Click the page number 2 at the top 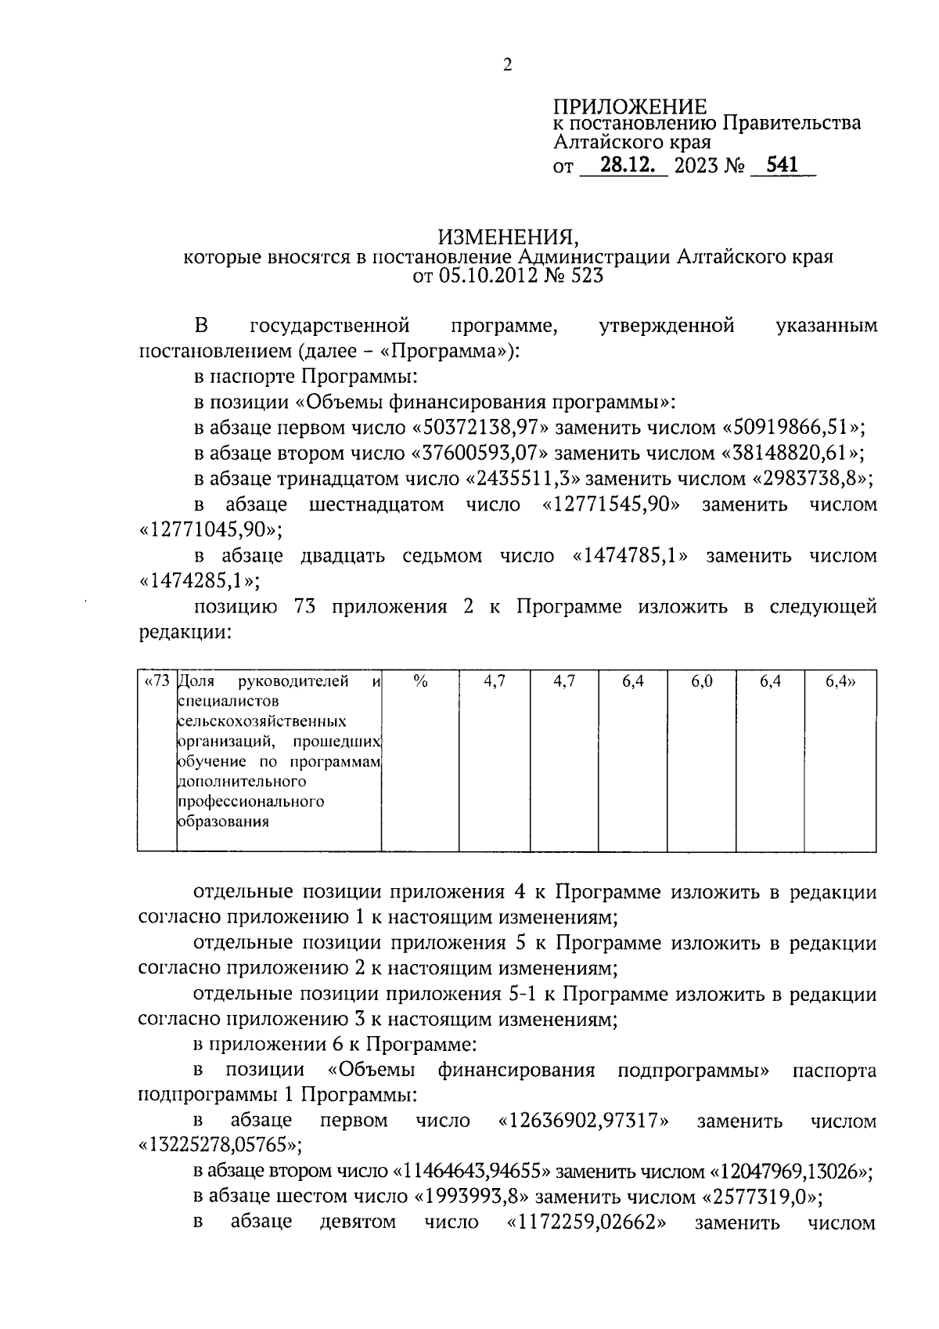(507, 65)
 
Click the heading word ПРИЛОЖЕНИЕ (630, 107)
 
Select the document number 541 (782, 165)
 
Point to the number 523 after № (587, 276)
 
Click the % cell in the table (420, 682)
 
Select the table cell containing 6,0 (701, 682)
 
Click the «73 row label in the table (157, 682)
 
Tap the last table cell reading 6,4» (840, 682)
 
